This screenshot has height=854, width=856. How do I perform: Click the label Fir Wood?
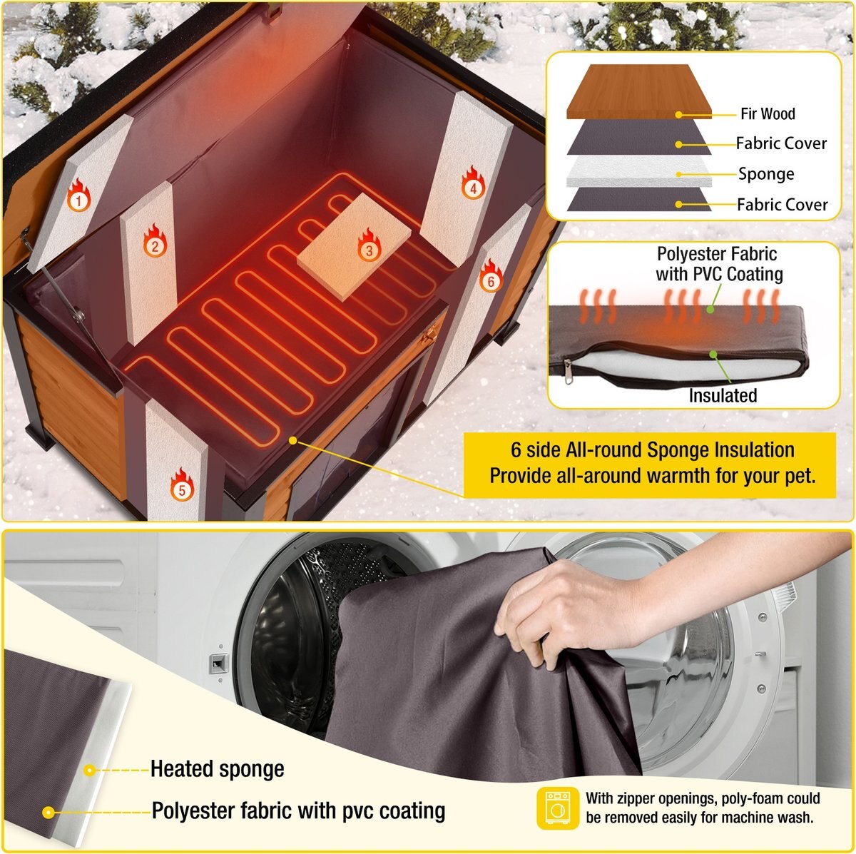coord(767,113)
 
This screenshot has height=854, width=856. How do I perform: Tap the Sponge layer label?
coord(765,174)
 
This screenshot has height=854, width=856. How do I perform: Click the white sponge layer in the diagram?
coord(638,172)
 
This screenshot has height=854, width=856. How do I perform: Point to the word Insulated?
coord(723,395)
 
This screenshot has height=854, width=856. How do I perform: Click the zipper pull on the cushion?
coord(568,372)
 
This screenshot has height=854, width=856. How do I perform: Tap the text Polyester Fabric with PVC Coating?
coord(718,264)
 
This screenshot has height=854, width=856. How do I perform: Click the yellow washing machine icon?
coord(558,808)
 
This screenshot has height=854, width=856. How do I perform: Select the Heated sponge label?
coord(217,769)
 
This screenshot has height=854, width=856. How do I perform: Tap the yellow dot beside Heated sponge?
coord(90,770)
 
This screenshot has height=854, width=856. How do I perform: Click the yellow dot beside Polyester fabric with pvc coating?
coord(49,812)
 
